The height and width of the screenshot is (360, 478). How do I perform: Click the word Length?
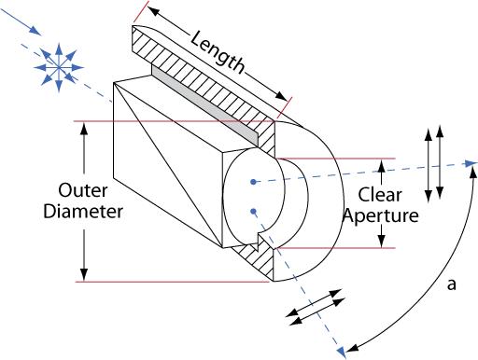click(218, 53)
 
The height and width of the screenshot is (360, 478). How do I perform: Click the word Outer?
click(83, 190)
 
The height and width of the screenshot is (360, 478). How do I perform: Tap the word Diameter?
click(83, 212)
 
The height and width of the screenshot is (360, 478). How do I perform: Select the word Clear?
click(380, 195)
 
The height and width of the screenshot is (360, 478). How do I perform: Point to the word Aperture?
click(380, 216)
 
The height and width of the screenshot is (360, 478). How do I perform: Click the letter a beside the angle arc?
click(452, 284)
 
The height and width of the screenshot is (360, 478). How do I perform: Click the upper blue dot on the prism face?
click(254, 182)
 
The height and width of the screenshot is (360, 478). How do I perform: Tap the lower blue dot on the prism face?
click(253, 212)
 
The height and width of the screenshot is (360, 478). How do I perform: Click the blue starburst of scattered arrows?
click(59, 67)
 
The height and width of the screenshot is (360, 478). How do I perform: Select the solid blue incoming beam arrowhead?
click(35, 32)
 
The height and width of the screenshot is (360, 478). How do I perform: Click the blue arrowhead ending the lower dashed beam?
click(342, 353)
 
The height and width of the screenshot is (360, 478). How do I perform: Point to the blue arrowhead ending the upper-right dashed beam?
click(471, 163)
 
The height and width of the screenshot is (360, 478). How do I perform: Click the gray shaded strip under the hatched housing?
click(205, 105)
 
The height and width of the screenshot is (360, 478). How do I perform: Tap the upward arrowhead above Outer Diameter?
click(84, 129)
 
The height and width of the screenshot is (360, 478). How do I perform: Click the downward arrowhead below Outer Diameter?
click(84, 274)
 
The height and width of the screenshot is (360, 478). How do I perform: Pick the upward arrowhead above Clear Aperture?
click(382, 165)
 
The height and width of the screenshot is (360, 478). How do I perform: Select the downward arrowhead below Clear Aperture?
click(382, 242)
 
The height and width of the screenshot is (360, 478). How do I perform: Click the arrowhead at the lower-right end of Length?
click(281, 96)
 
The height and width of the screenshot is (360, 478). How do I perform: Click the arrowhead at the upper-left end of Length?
click(153, 12)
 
